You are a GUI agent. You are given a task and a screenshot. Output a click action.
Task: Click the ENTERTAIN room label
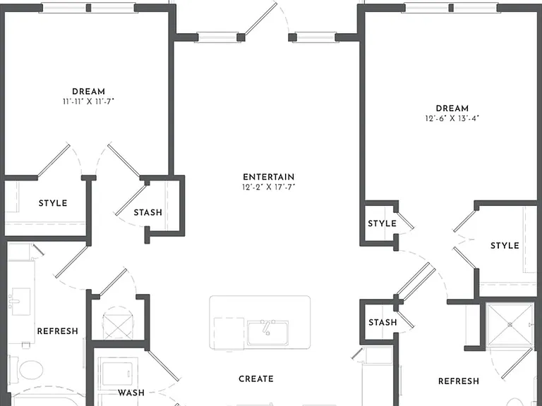pyautogui.click(x=269, y=177)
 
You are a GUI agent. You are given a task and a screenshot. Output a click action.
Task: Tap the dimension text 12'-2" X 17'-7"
pyautogui.click(x=269, y=187)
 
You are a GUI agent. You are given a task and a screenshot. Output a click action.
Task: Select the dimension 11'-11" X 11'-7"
pyautogui.click(x=88, y=101)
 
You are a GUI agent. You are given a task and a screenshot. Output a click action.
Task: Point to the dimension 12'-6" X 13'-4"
pyautogui.click(x=452, y=118)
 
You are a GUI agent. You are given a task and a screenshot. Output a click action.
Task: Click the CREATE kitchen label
pyautogui.click(x=256, y=379)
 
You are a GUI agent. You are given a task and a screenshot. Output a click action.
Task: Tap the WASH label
pyautogui.click(x=131, y=393)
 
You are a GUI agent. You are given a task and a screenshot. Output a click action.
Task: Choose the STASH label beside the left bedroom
pyautogui.click(x=148, y=212)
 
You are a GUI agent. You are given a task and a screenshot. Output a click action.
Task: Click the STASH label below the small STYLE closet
pyautogui.click(x=383, y=322)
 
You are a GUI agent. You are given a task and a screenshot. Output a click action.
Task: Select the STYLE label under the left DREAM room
pyautogui.click(x=53, y=203)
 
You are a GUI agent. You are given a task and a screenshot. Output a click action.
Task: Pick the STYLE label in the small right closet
pyautogui.click(x=382, y=223)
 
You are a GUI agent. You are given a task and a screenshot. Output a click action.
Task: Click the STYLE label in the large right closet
pyautogui.click(x=505, y=245)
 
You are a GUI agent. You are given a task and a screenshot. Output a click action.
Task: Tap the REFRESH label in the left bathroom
pyautogui.click(x=58, y=331)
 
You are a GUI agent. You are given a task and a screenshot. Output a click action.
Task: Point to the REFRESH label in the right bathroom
pyautogui.click(x=459, y=381)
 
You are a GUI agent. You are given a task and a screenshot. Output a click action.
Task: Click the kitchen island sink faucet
pyautogui.click(x=267, y=327)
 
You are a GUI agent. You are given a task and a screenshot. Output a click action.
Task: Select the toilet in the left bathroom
pyautogui.click(x=28, y=369)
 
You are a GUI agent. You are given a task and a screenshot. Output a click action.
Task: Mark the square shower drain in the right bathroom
pyautogui.click(x=510, y=324)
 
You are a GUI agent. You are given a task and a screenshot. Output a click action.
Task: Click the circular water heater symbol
pyautogui.click(x=118, y=323)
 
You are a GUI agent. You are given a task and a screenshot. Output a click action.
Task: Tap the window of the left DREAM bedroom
pyautogui.click(x=88, y=8)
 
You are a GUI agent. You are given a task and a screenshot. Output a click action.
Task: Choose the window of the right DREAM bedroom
pyautogui.click(x=451, y=8)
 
